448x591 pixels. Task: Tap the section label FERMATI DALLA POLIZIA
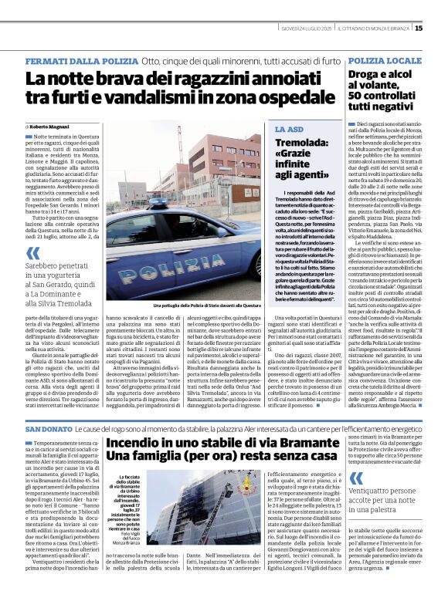[80, 60]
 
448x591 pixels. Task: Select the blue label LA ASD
[290, 130]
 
